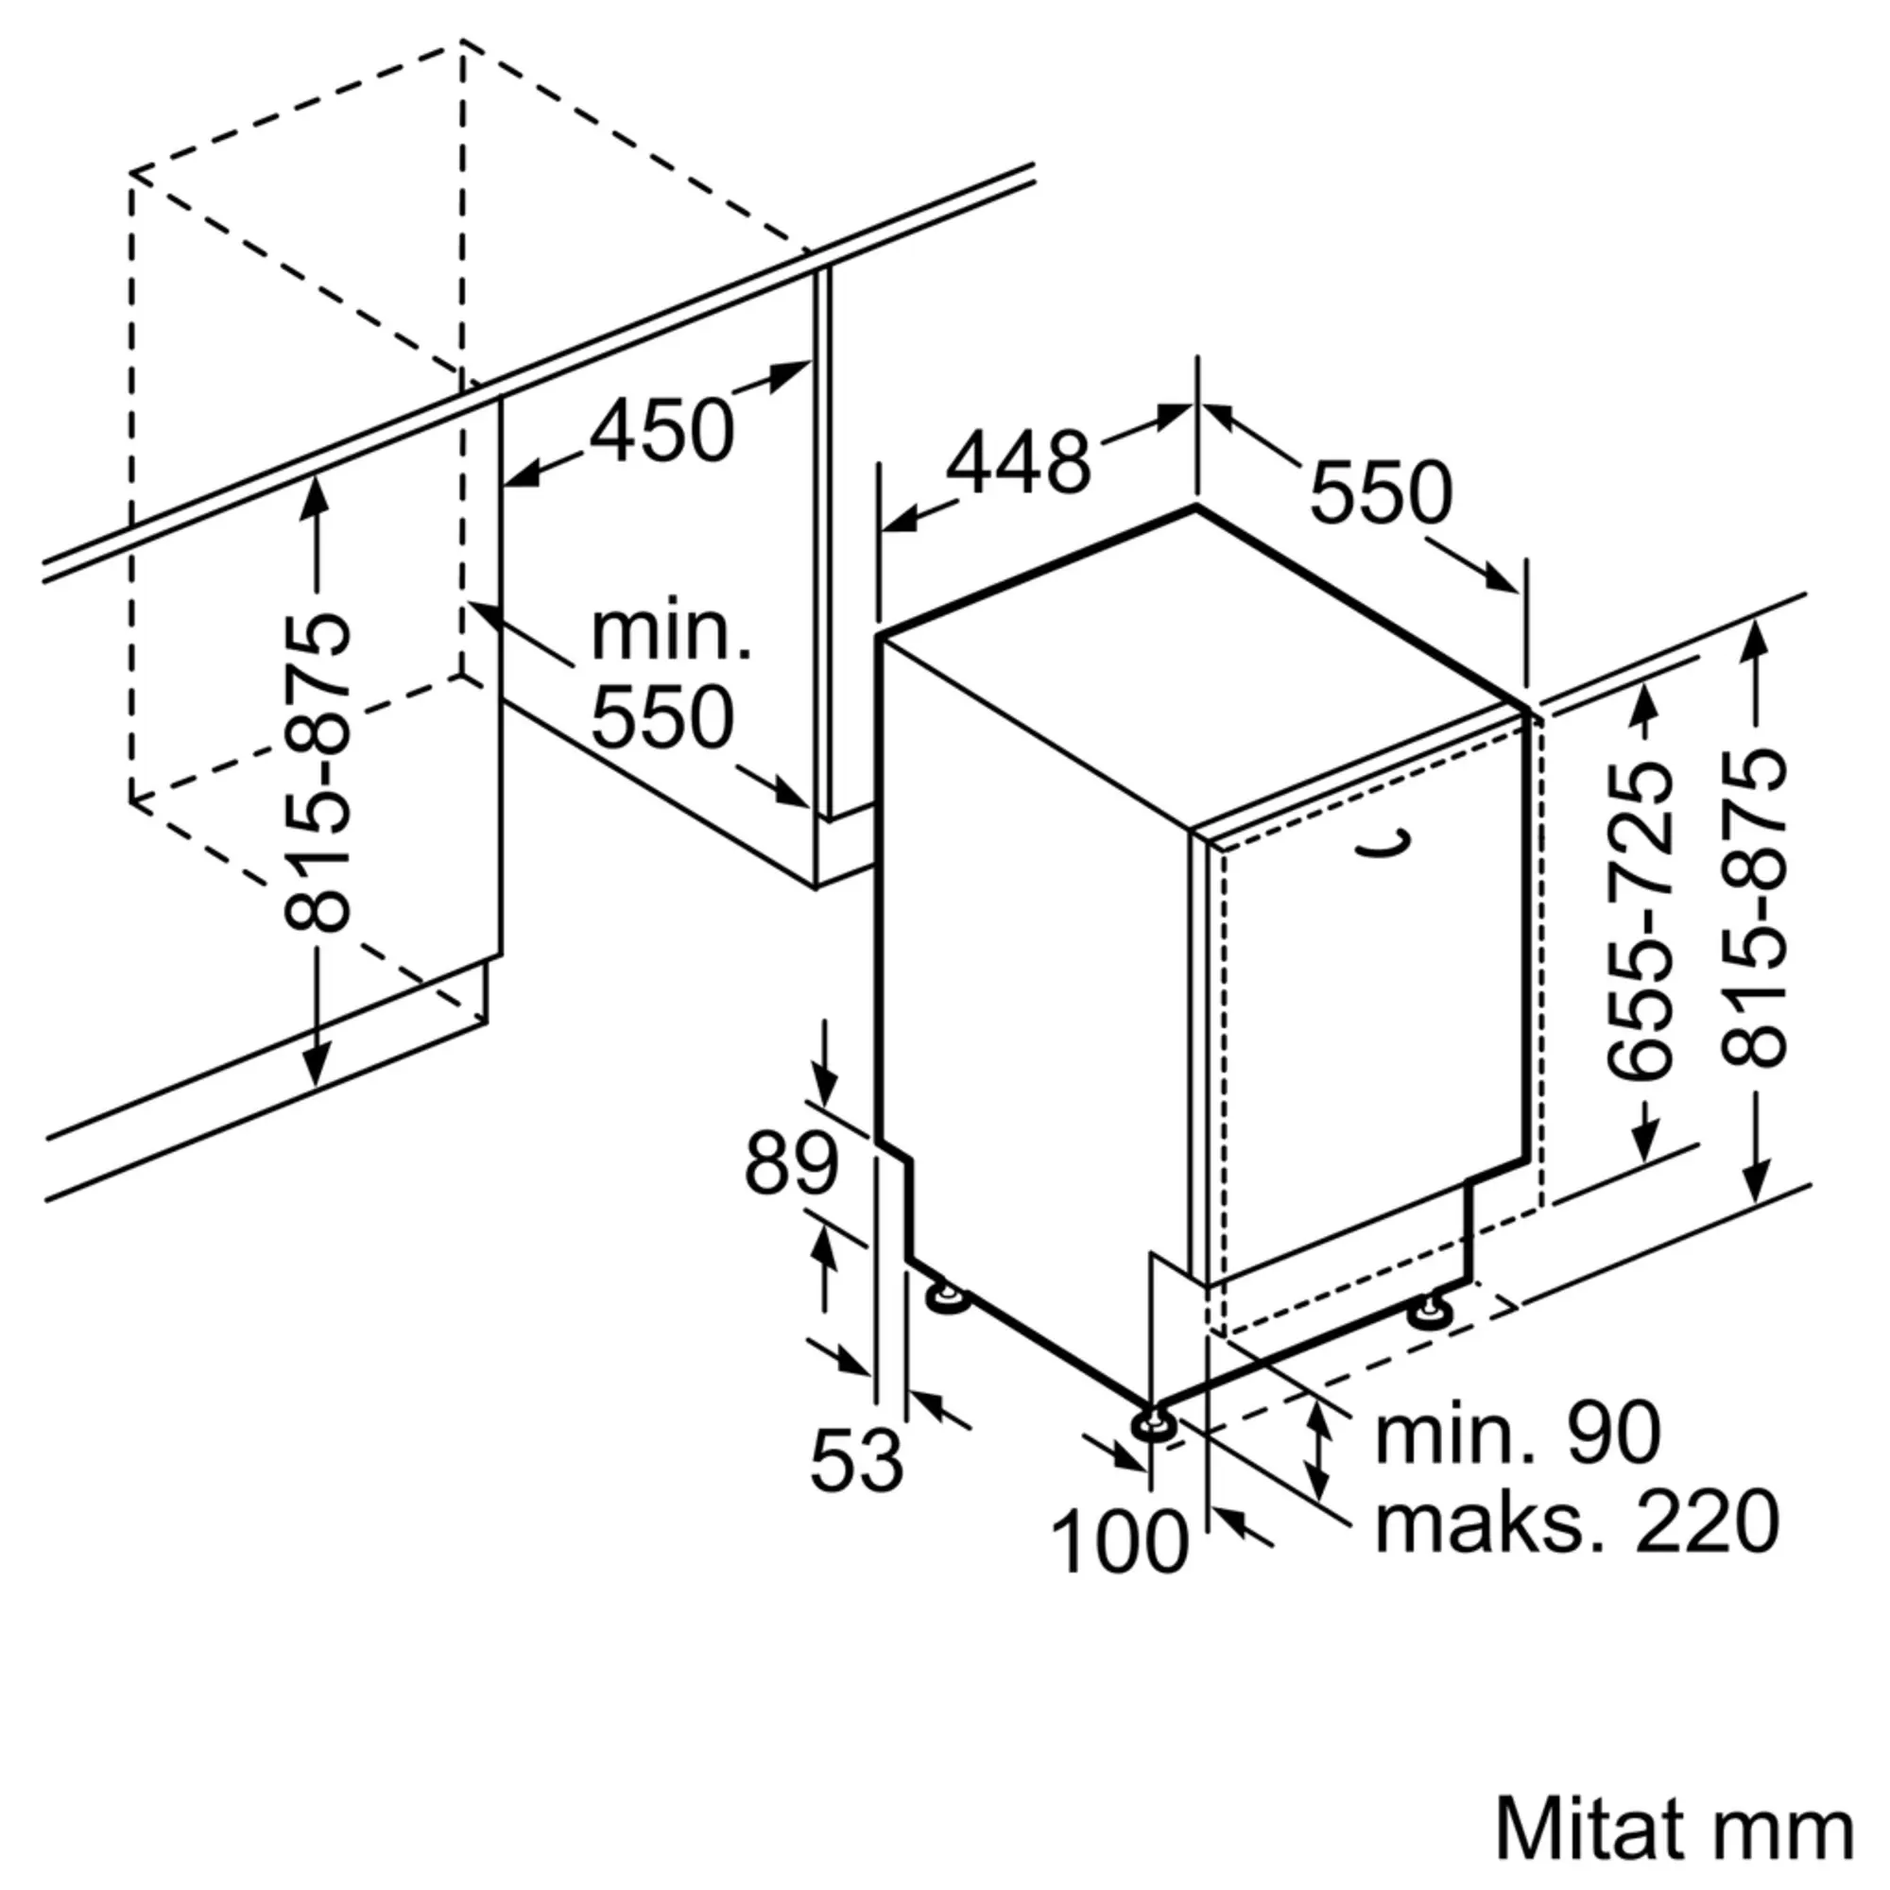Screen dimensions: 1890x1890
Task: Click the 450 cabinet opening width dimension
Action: pyautogui.click(x=661, y=432)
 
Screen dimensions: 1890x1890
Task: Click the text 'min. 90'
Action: pyautogui.click(x=1519, y=1434)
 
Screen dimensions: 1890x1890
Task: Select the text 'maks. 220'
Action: pyautogui.click(x=1577, y=1521)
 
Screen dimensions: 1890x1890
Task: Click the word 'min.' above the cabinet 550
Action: pyautogui.click(x=671, y=633)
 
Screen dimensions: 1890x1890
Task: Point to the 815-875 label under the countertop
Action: pyautogui.click(x=316, y=772)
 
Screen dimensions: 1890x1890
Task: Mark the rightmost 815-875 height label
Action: pyautogui.click(x=1754, y=909)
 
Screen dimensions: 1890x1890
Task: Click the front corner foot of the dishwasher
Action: pyautogui.click(x=1151, y=1426)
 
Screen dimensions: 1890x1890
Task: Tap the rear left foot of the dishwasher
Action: pyautogui.click(x=946, y=1297)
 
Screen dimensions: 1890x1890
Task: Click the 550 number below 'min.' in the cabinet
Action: pyautogui.click(x=661, y=718)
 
